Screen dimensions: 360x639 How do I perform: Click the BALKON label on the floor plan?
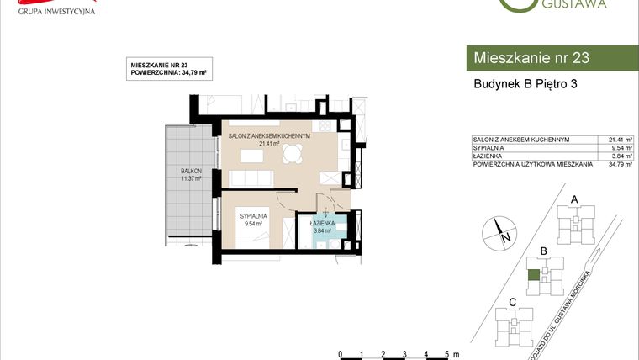coord(188,171)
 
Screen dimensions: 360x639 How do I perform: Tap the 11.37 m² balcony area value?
coord(188,178)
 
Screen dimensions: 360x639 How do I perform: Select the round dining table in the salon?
coord(292,153)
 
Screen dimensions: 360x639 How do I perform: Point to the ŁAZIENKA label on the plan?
coord(323,222)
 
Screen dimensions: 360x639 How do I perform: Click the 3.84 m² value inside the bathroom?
coord(323,230)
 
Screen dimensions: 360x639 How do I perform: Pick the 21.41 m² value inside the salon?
coord(268,143)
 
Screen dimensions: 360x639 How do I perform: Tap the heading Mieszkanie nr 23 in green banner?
coord(531,58)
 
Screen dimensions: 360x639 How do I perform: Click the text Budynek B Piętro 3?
coord(524,84)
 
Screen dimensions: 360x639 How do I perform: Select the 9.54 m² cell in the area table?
coord(620,147)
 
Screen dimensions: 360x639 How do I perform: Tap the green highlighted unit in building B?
coord(533,274)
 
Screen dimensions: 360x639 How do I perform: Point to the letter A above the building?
coord(575,199)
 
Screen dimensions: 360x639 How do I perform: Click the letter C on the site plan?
coord(513,301)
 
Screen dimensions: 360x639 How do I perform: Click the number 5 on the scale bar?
coord(448,354)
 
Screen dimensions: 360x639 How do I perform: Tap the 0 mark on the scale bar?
coord(339,354)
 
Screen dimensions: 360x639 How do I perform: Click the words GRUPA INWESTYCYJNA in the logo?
coord(50,12)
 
